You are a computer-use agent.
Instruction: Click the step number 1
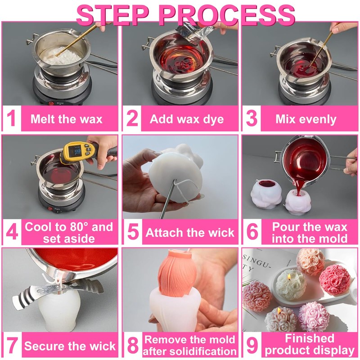click(x=11, y=118)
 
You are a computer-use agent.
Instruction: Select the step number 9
click(x=252, y=345)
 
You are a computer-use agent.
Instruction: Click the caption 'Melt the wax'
click(x=66, y=119)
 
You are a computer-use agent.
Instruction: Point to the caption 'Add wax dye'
click(x=187, y=119)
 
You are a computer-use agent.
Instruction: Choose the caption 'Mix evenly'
click(x=306, y=119)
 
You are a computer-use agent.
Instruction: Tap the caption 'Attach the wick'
click(x=190, y=233)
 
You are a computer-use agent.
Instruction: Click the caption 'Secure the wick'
click(x=70, y=346)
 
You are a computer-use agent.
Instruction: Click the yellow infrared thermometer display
click(x=77, y=152)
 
